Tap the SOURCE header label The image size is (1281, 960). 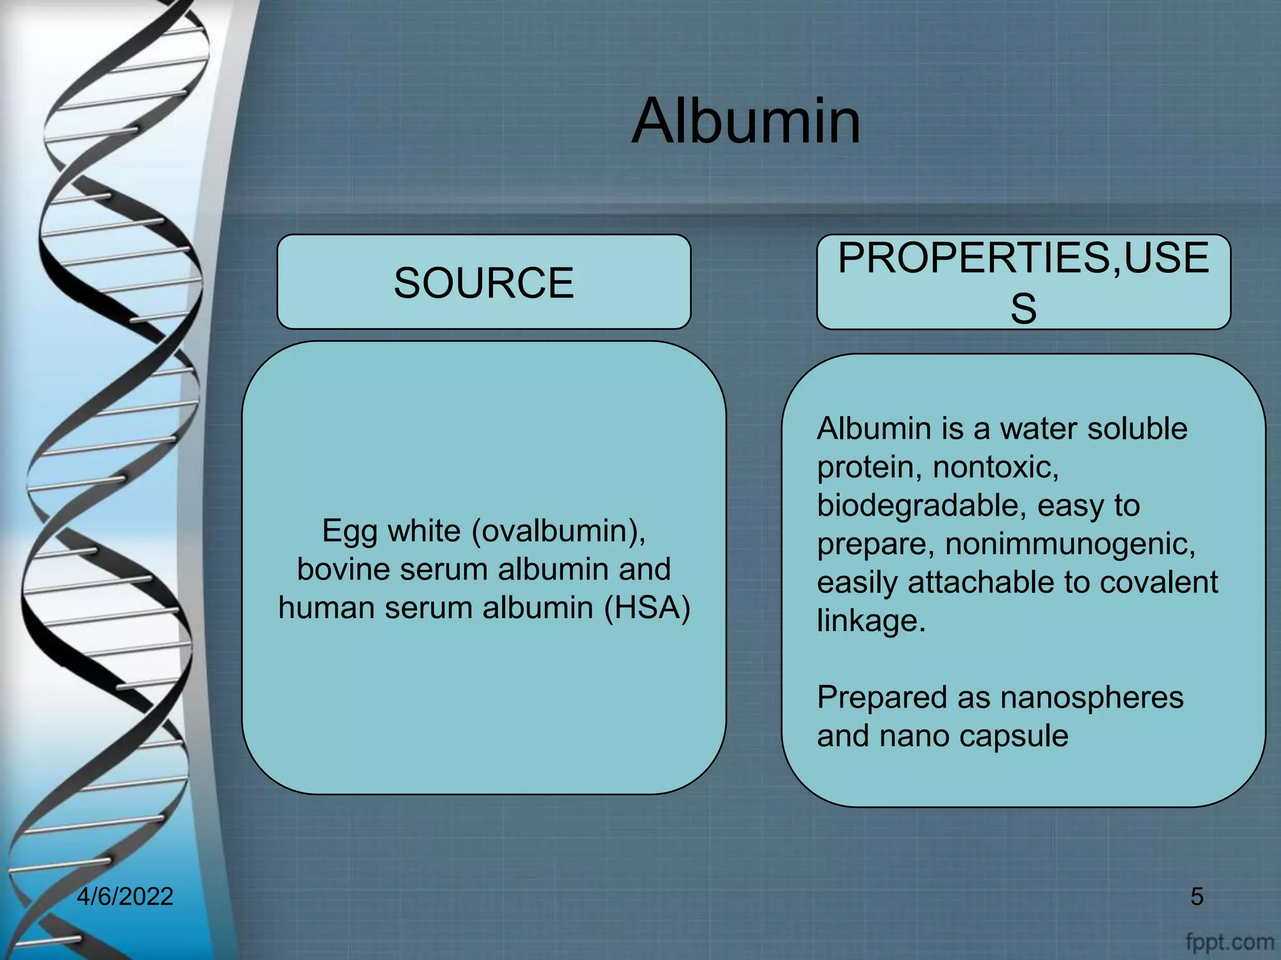(484, 282)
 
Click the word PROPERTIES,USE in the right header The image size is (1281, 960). (1023, 257)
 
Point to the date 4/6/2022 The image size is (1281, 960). (125, 896)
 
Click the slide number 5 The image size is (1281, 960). (1197, 896)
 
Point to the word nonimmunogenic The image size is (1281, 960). (1070, 544)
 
